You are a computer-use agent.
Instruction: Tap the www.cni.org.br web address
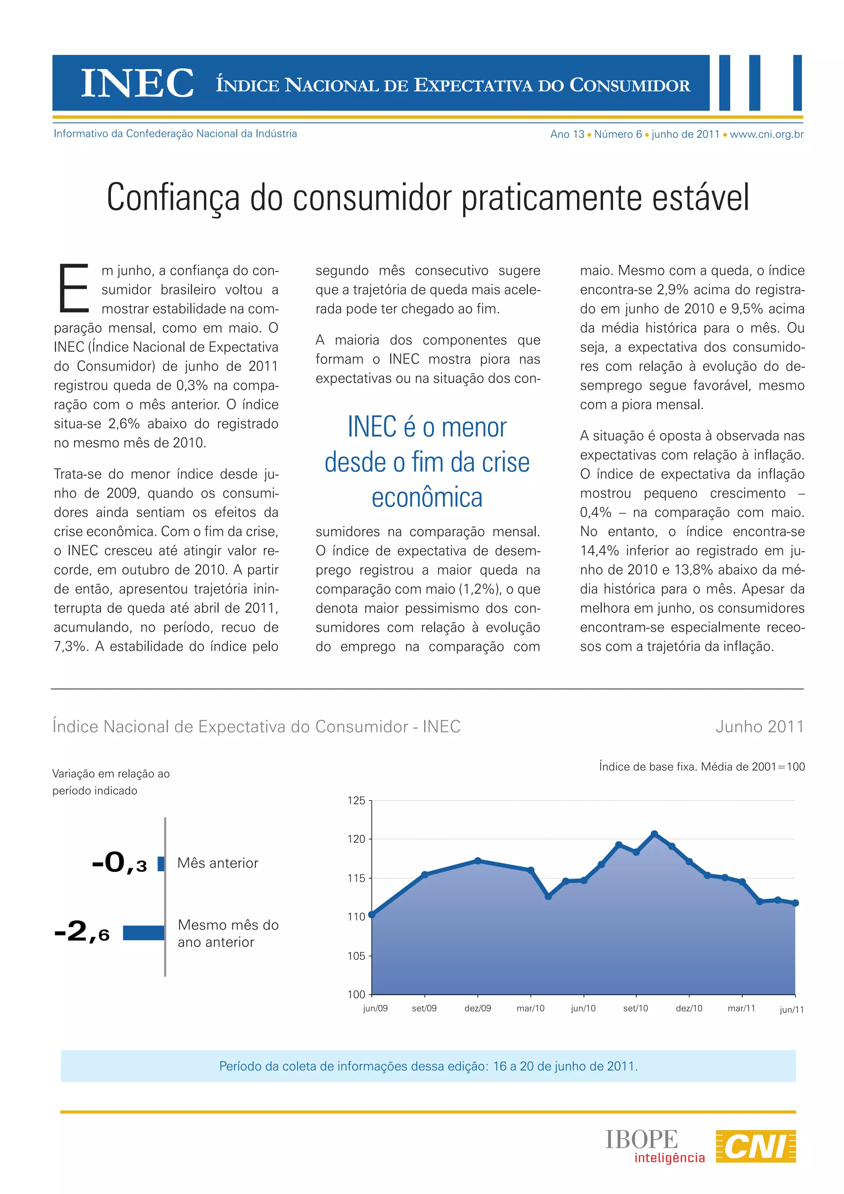click(767, 134)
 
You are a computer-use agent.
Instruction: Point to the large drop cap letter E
click(74, 289)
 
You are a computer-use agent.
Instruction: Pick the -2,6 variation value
click(82, 931)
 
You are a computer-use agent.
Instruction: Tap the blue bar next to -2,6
click(144, 933)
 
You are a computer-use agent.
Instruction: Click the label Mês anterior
click(217, 863)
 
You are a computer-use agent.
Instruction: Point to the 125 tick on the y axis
click(356, 800)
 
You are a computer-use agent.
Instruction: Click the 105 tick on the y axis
click(356, 956)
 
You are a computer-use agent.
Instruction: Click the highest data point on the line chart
click(654, 834)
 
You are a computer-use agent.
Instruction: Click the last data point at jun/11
click(795, 903)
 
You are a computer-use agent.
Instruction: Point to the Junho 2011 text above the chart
click(759, 726)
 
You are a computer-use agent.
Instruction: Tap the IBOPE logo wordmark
click(641, 1140)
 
